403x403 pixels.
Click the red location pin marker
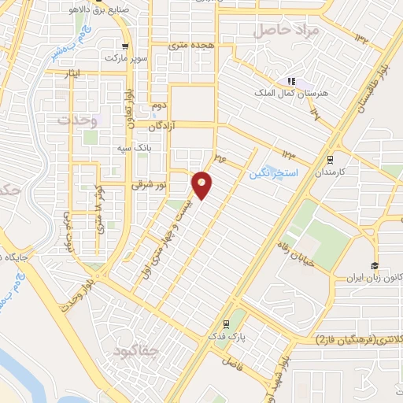(x=202, y=184)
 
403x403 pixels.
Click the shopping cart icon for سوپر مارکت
(x=124, y=44)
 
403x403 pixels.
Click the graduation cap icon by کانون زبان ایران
(x=375, y=265)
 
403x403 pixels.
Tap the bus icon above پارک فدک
(x=227, y=324)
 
